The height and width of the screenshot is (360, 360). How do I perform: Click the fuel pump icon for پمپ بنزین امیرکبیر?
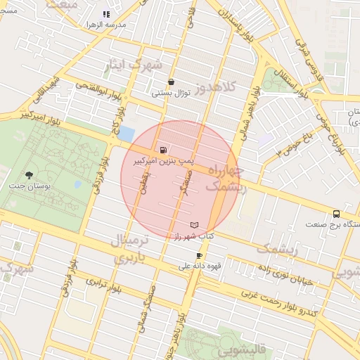(x=163, y=150)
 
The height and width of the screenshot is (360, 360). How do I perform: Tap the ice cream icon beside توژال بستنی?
(x=171, y=82)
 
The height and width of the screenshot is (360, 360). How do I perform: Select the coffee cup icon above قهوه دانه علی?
(x=200, y=255)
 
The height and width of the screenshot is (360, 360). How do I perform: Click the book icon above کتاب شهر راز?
(x=195, y=224)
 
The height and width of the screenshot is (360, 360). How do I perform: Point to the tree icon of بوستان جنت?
(x=29, y=174)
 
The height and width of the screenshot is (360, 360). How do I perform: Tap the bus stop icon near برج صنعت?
(x=335, y=214)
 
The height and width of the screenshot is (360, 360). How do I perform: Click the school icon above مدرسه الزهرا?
(x=106, y=14)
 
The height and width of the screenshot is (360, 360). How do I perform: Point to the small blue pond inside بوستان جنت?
(x=77, y=184)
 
